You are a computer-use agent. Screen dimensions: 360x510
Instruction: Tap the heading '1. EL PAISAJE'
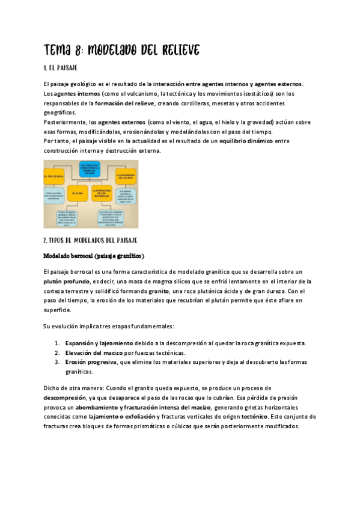[60, 68]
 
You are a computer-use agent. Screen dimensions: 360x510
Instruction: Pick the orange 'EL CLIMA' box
[77, 194]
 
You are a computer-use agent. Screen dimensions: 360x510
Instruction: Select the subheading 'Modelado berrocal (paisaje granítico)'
[94, 256]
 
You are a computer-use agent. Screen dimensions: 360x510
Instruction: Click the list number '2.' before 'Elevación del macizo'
[57, 352]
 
